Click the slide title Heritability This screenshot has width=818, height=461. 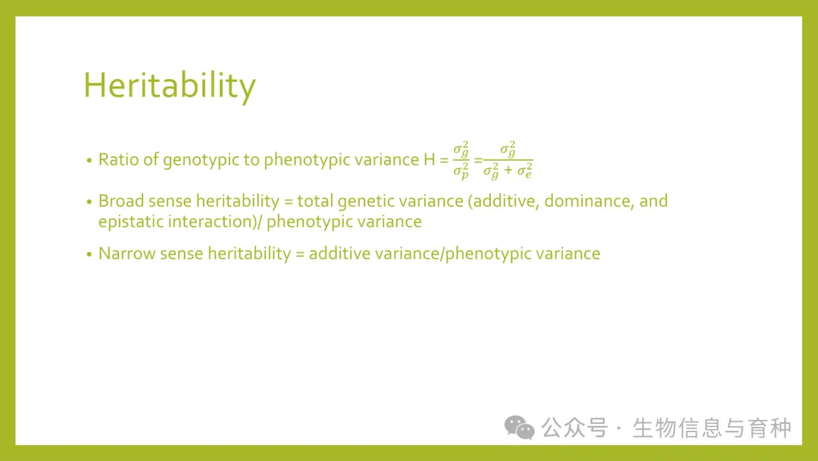click(170, 86)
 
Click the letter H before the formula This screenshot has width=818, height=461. click(429, 159)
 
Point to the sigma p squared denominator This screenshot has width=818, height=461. click(461, 171)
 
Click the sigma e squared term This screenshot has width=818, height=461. click(525, 171)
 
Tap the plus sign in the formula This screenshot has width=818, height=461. click(508, 170)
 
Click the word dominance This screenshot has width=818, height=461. click(589, 201)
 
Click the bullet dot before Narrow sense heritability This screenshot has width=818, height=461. click(89, 254)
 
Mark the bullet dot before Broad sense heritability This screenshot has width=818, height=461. click(89, 202)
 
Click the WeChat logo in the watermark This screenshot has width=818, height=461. click(519, 428)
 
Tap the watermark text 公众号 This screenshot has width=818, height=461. click(574, 428)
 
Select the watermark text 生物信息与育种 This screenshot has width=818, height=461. click(712, 428)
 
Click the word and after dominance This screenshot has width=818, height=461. click(654, 201)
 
